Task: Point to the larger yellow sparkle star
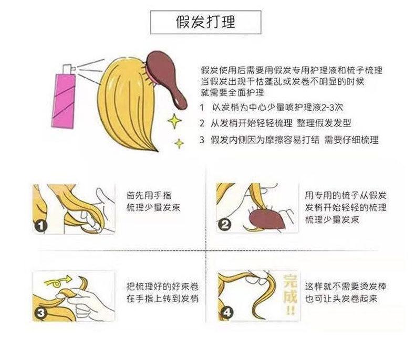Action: click(x=173, y=122)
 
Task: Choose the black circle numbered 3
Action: click(x=41, y=313)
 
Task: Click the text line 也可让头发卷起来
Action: click(x=342, y=299)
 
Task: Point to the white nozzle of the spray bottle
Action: click(x=67, y=68)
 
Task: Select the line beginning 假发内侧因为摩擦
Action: click(x=288, y=140)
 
